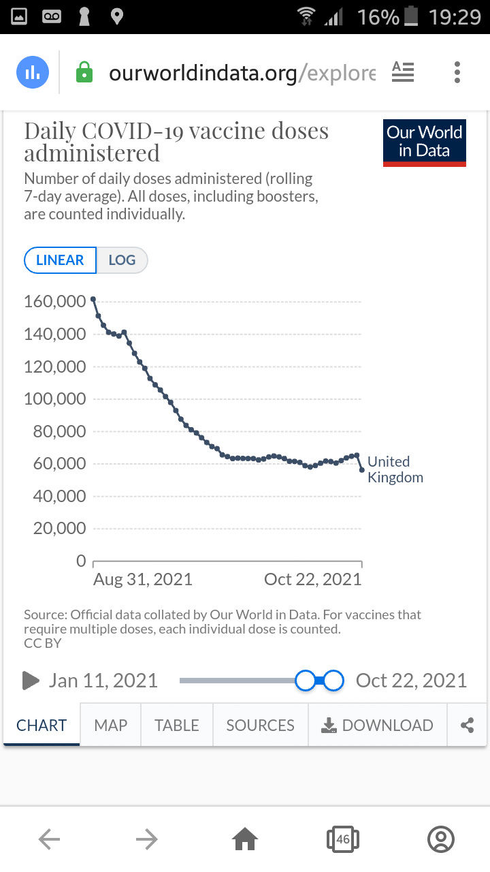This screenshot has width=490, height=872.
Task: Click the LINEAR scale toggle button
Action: (x=60, y=260)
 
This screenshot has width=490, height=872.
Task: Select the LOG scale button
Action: (x=122, y=260)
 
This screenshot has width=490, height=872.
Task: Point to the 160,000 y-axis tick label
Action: (x=55, y=301)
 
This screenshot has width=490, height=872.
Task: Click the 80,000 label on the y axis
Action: (x=59, y=431)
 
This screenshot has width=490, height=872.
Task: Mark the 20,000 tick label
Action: (x=59, y=529)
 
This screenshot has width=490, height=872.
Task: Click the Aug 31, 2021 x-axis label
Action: (x=143, y=580)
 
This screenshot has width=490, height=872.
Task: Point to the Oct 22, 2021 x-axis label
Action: (x=312, y=580)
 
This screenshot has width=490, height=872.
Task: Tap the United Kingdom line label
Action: (x=395, y=469)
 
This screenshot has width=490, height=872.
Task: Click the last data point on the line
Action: (x=362, y=470)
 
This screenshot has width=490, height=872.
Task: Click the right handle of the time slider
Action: (x=333, y=681)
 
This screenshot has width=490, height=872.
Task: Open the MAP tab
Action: (x=110, y=726)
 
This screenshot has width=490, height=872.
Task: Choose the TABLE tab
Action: (x=177, y=726)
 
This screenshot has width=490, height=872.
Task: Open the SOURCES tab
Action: (x=261, y=726)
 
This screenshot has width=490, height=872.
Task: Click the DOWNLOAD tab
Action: (x=378, y=726)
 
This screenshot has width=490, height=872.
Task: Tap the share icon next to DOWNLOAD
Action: (x=468, y=726)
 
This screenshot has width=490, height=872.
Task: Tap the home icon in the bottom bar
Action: (x=245, y=840)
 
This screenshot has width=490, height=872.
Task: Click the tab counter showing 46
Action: (x=343, y=840)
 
